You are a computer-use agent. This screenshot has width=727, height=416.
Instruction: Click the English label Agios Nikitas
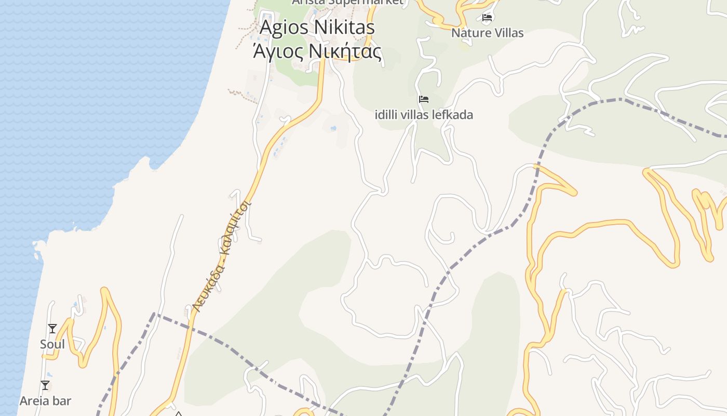point(317,27)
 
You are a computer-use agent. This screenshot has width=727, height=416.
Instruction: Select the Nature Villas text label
point(487,33)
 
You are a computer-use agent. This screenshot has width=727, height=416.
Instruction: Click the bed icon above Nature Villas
point(487,18)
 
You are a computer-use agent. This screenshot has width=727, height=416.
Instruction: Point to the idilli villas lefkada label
point(424,114)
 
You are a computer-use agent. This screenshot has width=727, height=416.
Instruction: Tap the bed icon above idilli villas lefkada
point(424,99)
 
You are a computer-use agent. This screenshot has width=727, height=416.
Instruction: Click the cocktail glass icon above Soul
point(52,329)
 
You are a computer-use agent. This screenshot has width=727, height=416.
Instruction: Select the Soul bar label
point(52,344)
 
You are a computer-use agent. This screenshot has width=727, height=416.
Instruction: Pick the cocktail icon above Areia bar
point(45,385)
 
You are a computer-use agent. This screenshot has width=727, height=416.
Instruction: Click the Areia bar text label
point(45,401)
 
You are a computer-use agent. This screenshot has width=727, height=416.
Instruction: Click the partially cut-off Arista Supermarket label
point(347,2)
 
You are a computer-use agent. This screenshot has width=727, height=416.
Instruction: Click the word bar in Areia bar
point(62,401)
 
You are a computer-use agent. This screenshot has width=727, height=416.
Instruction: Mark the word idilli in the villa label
point(386,114)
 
